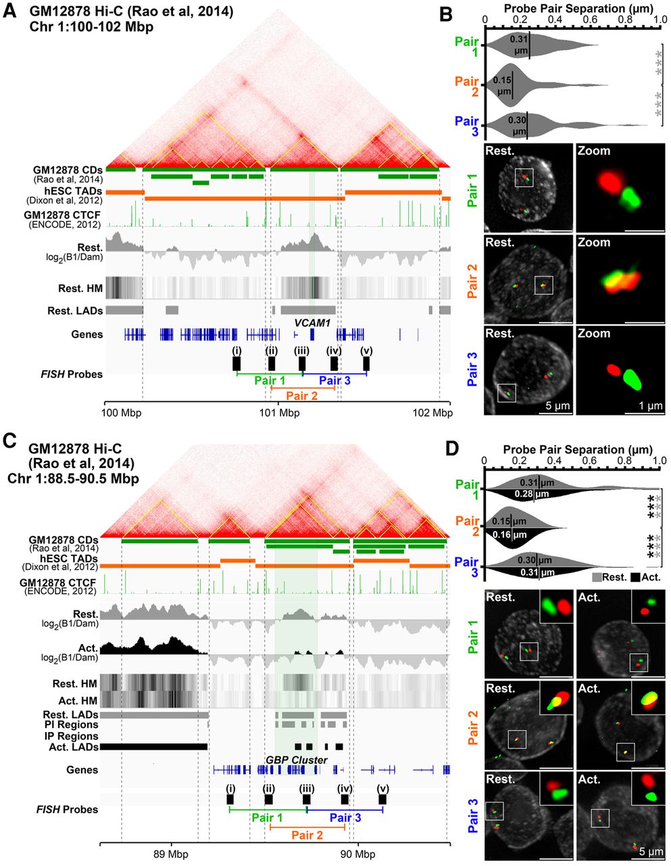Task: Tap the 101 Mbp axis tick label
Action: [275, 413]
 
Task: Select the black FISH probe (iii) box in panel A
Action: [302, 363]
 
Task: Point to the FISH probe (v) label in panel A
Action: [366, 350]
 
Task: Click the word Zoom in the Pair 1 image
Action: [595, 152]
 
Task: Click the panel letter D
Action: [454, 449]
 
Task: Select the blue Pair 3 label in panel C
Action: [345, 817]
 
